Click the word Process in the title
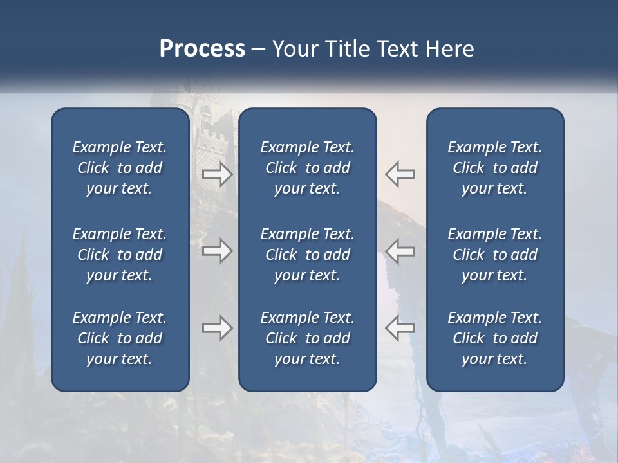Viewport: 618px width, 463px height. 202,48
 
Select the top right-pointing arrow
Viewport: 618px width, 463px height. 217,174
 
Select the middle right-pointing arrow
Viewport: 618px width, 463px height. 217,251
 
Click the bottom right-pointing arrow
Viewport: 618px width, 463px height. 217,328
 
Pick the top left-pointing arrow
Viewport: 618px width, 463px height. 400,174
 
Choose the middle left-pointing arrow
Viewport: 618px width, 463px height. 400,251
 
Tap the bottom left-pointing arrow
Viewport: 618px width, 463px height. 400,328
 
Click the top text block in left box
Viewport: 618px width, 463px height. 120,168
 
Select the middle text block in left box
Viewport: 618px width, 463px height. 120,255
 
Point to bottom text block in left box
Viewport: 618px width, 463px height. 120,338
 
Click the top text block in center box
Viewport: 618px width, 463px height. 307,168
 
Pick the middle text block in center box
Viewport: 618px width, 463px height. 307,255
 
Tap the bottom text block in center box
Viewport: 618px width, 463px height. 307,338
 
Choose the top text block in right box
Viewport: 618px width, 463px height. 494,168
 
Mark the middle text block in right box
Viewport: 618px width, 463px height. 494,255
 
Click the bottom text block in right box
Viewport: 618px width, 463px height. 494,338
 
